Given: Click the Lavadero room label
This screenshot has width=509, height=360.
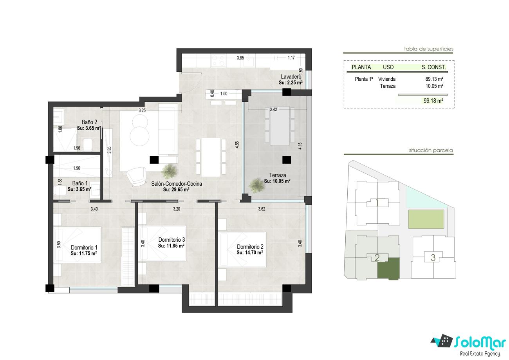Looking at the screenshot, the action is point(291,77).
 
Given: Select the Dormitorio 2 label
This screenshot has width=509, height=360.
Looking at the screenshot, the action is point(250,246).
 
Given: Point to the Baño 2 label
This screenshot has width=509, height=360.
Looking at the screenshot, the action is point(89,122).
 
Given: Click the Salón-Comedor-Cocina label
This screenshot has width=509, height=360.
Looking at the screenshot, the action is point(177,184).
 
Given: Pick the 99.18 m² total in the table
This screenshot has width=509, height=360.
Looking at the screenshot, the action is point(433,101).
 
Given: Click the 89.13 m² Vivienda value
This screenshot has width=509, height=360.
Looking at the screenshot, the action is point(434,79).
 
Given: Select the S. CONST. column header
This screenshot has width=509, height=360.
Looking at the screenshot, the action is point(433,67).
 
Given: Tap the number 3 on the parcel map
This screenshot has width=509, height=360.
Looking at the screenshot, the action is point(433,257).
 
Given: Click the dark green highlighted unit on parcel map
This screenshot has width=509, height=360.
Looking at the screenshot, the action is point(388,268).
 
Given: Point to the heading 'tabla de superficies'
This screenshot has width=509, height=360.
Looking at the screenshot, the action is point(429,49).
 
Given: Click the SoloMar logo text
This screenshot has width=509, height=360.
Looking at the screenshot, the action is point(480,342).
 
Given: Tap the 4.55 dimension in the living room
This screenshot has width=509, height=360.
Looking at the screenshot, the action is point(237,145).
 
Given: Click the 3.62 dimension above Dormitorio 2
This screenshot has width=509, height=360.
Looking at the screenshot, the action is point(262,209).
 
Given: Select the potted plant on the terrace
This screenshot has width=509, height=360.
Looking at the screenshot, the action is point(257,185).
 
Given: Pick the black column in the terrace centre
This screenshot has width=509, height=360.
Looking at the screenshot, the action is point(287,160).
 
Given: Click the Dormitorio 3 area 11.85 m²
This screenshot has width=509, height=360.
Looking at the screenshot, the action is point(171,246).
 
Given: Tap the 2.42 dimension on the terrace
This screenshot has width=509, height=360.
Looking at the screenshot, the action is point(273,110).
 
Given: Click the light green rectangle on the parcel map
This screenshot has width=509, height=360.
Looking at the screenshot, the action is point(426,219).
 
